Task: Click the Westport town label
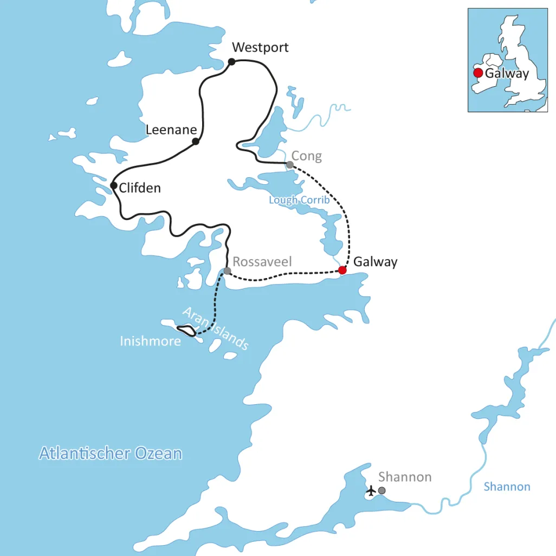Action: (260, 48)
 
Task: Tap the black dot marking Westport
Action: (231, 62)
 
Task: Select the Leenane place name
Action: (171, 130)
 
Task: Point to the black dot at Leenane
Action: (196, 141)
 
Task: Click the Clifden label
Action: (140, 189)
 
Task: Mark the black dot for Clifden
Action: (113, 186)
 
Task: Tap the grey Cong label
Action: (307, 157)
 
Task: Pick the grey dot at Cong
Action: (290, 165)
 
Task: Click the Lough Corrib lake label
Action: (299, 200)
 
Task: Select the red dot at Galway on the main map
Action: (342, 270)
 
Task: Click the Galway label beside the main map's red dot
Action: (375, 262)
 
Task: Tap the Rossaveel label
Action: (262, 262)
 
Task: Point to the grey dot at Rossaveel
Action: (227, 271)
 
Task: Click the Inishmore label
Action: (150, 342)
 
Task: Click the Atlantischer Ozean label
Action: (111, 454)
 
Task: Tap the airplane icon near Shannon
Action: (371, 491)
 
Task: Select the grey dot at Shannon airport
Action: (382, 490)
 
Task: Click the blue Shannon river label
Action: (507, 487)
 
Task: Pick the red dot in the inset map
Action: (477, 73)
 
